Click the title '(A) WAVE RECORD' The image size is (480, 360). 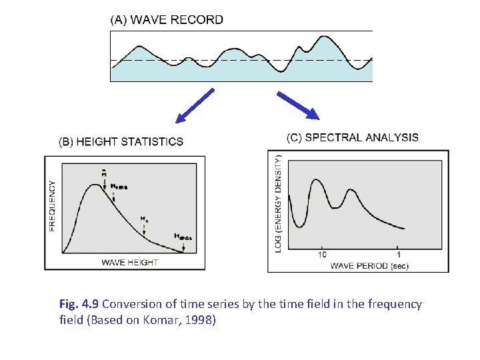[x=167, y=20]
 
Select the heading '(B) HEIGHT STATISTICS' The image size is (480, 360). [x=121, y=142]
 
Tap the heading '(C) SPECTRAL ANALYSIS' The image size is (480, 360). [x=353, y=138]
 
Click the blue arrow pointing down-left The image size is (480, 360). [x=194, y=107]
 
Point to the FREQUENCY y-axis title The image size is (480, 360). [x=53, y=205]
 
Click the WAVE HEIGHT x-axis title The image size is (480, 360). [x=129, y=262]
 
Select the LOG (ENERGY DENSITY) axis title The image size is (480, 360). [x=278, y=203]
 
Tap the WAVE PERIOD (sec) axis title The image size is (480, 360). [x=369, y=265]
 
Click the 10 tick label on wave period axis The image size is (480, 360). [x=322, y=254]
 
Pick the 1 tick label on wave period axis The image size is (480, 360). [x=399, y=254]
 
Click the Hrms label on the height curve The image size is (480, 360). [x=119, y=187]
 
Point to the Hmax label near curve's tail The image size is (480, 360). [x=181, y=236]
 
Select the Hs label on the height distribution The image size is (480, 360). [x=144, y=218]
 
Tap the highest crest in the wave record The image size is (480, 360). [x=325, y=37]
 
